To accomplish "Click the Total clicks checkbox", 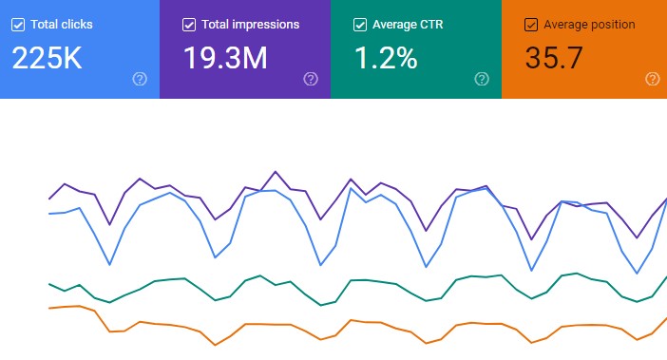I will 18,25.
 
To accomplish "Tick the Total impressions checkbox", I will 189,25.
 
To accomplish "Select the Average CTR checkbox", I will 360,25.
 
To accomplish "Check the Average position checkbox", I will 531,25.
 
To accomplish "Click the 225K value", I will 48,59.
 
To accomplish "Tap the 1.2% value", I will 386,59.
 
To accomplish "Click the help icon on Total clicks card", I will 140,80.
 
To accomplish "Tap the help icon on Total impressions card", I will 311,80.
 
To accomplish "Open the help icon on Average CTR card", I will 482,80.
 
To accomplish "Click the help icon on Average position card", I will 652,80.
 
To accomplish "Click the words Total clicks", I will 63,25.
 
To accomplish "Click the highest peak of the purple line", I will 276,172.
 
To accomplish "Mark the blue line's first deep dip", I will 110,264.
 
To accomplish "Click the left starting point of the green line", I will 49,283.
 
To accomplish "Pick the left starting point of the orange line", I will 49,309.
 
